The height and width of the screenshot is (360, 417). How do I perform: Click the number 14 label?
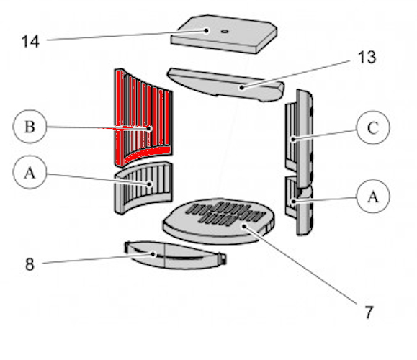point(30,42)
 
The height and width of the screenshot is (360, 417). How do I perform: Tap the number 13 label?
point(367,57)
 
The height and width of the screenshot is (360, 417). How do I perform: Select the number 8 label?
point(30,264)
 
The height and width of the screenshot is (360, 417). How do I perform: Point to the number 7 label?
point(369,312)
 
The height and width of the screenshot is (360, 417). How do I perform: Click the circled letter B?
point(30,127)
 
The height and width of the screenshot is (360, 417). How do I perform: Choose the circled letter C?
point(373,127)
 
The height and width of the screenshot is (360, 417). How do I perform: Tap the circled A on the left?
point(30,172)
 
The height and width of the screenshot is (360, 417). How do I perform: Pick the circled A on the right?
point(373,197)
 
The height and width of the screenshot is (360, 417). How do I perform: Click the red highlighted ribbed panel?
point(143,117)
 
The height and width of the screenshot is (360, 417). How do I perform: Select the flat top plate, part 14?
point(224,34)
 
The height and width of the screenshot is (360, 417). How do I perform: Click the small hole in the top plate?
point(225,32)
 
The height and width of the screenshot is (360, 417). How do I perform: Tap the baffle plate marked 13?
point(225,84)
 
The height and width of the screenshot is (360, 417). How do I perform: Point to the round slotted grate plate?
point(219,221)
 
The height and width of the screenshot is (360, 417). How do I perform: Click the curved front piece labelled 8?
point(176,256)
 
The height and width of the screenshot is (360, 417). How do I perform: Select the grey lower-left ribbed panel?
point(143,187)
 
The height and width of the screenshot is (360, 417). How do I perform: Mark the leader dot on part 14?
point(206,30)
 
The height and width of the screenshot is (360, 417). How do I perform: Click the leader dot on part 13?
point(242,87)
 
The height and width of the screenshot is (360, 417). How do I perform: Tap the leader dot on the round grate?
point(244,226)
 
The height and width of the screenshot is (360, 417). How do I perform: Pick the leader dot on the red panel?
point(149,129)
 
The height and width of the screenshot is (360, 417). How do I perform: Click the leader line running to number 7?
point(300,265)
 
